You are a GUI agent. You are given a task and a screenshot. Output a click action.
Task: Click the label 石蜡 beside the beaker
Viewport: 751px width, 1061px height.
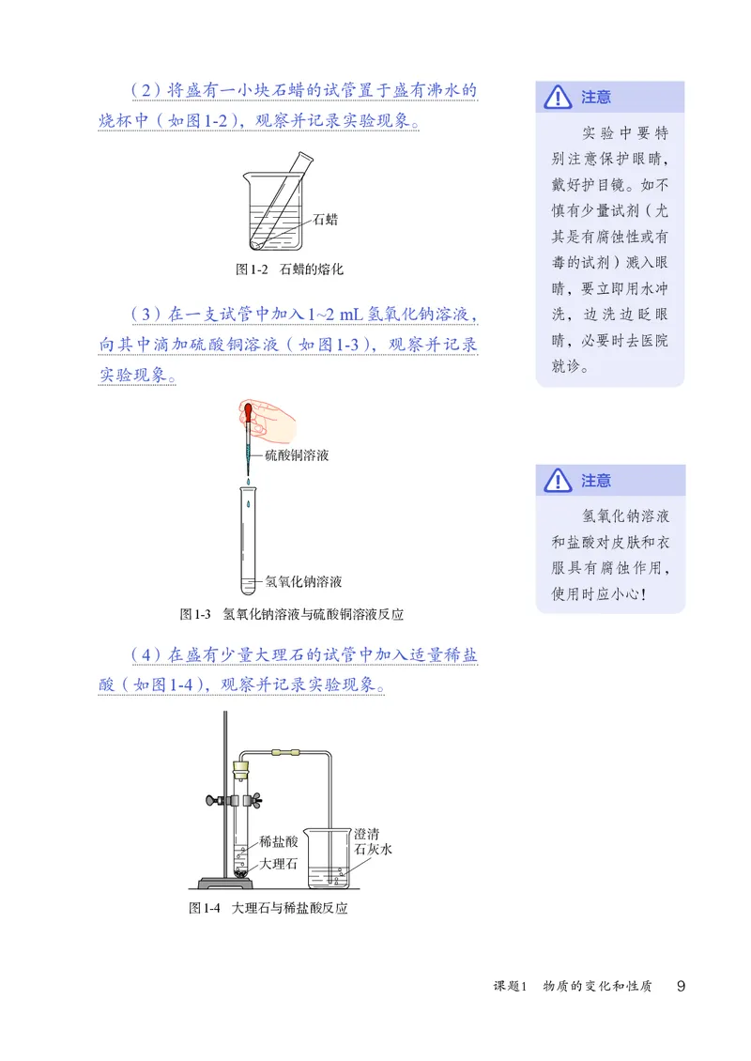325,220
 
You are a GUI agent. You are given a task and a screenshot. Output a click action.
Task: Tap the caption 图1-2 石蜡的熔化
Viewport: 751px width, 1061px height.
289,269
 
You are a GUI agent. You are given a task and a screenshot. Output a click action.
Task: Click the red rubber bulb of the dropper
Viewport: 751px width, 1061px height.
247,410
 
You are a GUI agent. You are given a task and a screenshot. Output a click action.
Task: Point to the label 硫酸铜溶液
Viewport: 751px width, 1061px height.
297,455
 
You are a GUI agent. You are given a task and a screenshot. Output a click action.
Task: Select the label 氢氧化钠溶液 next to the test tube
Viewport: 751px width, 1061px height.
303,581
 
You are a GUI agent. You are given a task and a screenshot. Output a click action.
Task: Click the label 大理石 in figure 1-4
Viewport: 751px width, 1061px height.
278,864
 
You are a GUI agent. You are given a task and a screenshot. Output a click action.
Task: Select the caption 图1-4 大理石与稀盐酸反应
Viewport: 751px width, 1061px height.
268,909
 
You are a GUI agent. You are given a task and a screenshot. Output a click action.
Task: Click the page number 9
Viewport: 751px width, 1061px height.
682,986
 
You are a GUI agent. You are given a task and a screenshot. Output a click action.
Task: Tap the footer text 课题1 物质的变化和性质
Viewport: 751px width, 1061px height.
573,987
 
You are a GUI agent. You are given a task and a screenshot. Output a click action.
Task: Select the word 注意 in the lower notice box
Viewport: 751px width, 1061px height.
596,481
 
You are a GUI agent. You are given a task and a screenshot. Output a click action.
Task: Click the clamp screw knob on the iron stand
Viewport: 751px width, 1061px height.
212,801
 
